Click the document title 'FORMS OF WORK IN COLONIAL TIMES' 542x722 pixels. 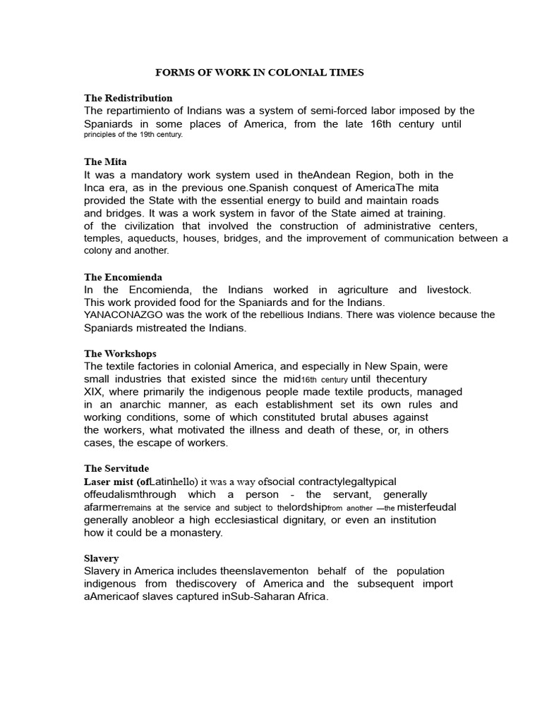[x=260, y=72]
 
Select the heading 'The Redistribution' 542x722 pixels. [x=128, y=98]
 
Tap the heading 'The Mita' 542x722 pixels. [x=105, y=161]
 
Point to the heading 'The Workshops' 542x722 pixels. [x=120, y=353]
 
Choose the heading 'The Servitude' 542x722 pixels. [x=116, y=468]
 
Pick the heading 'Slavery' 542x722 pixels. [x=102, y=558]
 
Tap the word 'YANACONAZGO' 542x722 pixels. [x=121, y=314]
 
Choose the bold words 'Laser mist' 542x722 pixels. [x=109, y=482]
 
